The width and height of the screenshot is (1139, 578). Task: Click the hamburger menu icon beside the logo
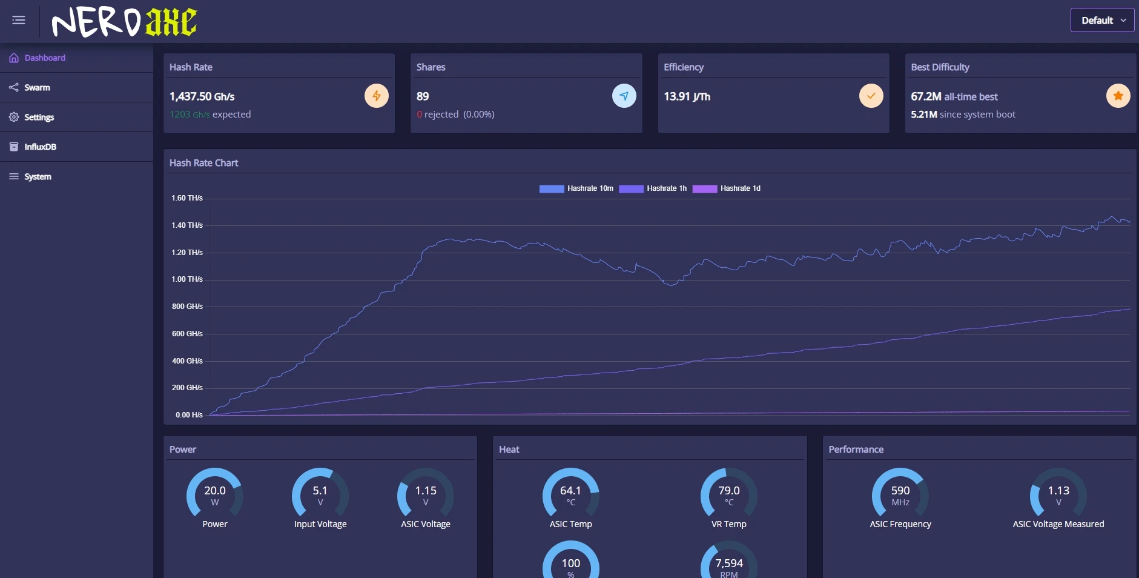click(19, 21)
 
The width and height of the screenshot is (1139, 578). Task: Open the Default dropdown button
click(1102, 20)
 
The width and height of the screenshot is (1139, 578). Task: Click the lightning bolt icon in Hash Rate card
click(377, 96)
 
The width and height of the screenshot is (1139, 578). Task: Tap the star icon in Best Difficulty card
click(1118, 96)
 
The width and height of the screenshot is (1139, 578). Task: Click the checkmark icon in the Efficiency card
click(871, 96)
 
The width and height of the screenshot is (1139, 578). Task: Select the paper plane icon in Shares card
click(624, 96)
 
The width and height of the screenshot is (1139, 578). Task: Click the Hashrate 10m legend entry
click(576, 188)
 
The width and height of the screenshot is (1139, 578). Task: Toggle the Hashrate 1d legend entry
click(727, 188)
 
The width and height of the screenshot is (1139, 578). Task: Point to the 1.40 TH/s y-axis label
click(187, 225)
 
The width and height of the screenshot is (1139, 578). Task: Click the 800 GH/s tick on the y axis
click(187, 307)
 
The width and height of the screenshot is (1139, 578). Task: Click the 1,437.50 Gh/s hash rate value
click(202, 96)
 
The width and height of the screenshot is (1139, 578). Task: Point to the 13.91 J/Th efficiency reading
click(687, 96)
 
